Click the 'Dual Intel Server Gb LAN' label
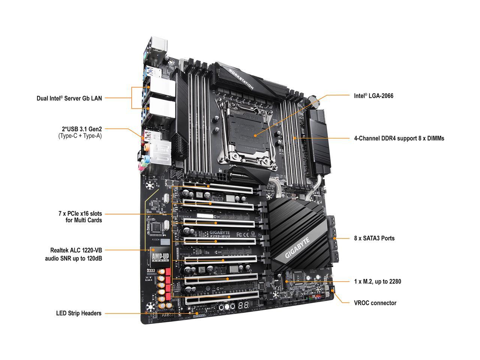(69, 98)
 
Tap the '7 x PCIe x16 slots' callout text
(80, 214)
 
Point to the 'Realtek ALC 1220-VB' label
(76, 250)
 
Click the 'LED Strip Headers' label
(79, 313)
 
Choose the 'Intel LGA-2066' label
(373, 96)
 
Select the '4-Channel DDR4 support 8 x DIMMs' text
(399, 138)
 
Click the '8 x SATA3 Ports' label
(374, 238)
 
